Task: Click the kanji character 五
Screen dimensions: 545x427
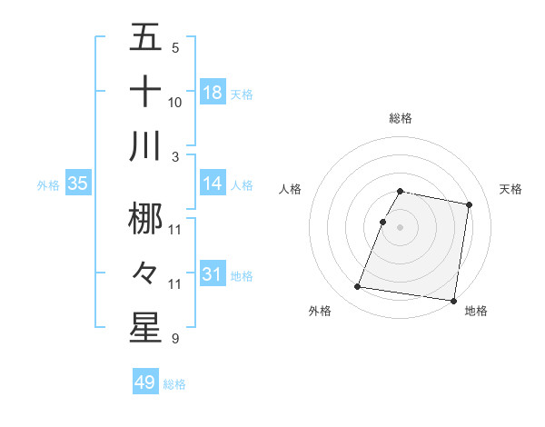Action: pos(145,37)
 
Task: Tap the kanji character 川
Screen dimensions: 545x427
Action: pos(145,145)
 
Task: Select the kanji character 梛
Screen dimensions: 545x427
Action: pos(145,218)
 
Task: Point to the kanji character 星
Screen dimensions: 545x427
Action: pos(145,328)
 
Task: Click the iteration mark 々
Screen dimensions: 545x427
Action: pos(145,273)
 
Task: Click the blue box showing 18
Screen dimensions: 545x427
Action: pos(213,93)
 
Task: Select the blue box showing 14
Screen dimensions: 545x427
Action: pos(213,184)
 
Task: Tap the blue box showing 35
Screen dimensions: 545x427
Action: pos(78,184)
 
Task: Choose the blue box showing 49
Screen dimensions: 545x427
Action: pos(145,382)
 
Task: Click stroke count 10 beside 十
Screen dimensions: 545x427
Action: pos(175,103)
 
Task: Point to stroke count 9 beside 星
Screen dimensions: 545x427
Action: pos(174,339)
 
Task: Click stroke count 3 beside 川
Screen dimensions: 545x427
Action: pos(174,156)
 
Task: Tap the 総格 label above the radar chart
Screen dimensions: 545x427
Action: pos(401,118)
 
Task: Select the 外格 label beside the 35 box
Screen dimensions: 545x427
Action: pos(48,185)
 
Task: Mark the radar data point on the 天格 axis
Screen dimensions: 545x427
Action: pos(469,205)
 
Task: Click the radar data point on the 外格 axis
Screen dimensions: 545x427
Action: pos(357,287)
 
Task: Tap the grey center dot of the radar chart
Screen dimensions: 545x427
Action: pos(401,227)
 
